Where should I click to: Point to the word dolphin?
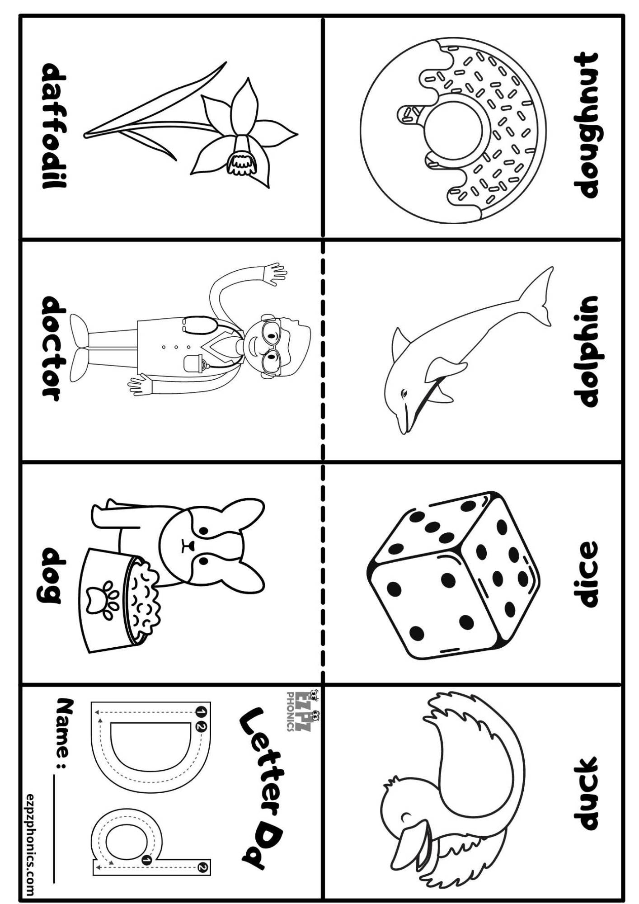tap(586, 351)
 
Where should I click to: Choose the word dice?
tap(585, 574)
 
